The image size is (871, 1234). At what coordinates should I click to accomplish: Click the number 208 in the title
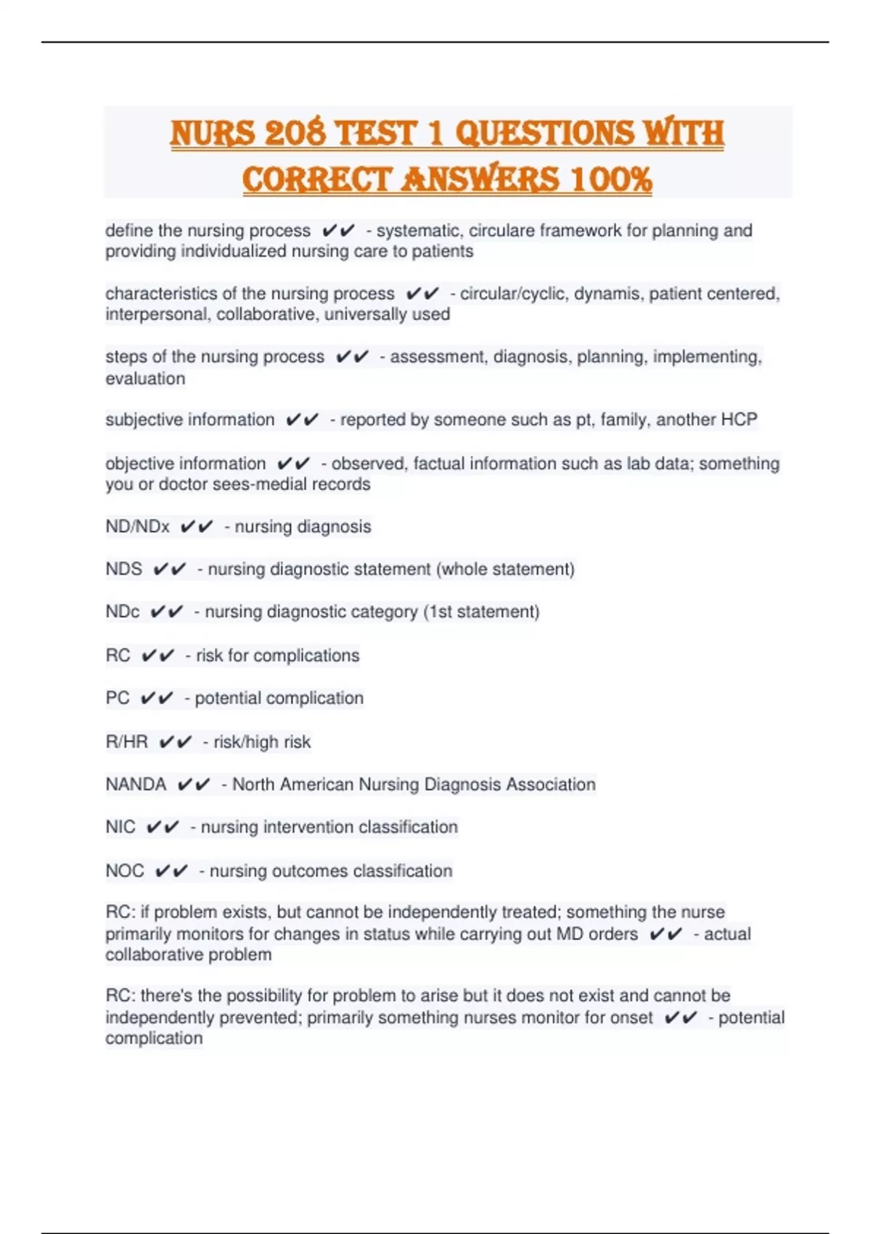coord(295,133)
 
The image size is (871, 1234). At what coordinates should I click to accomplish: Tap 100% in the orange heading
coord(611,179)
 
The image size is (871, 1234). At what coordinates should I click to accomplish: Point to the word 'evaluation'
coord(145,379)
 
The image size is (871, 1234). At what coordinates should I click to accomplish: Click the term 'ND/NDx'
coord(137,527)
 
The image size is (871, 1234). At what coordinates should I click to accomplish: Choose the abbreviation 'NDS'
coord(123,569)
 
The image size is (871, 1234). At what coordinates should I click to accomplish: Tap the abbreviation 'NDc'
coord(122,612)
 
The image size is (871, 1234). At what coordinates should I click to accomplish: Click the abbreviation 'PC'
coord(118,698)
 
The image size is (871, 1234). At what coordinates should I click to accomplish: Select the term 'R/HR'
coord(126,742)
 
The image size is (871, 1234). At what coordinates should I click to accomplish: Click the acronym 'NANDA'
coord(136,785)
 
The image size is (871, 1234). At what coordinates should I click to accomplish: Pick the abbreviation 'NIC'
coord(120,828)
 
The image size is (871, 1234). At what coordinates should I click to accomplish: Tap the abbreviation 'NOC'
coord(124,871)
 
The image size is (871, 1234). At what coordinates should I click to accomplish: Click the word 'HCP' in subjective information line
coord(740,420)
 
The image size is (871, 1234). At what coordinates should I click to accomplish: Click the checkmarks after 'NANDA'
coord(194,785)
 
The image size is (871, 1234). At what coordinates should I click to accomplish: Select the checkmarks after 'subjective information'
coord(302,420)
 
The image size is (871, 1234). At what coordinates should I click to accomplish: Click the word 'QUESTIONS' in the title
coord(544,133)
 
